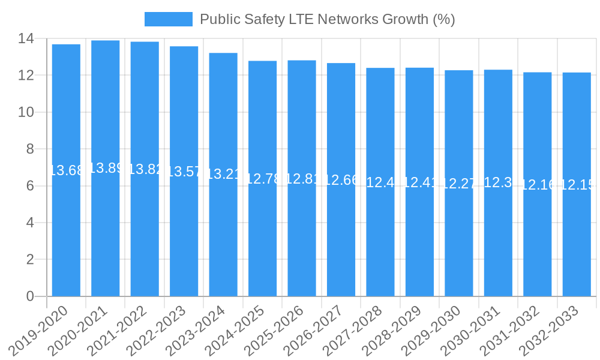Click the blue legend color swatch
point(169,19)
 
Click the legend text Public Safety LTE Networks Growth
point(327,19)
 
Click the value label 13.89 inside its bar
point(106,168)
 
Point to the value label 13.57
point(184,172)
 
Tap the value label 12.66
point(341,179)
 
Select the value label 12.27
point(459,184)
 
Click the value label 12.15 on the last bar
point(577,185)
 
